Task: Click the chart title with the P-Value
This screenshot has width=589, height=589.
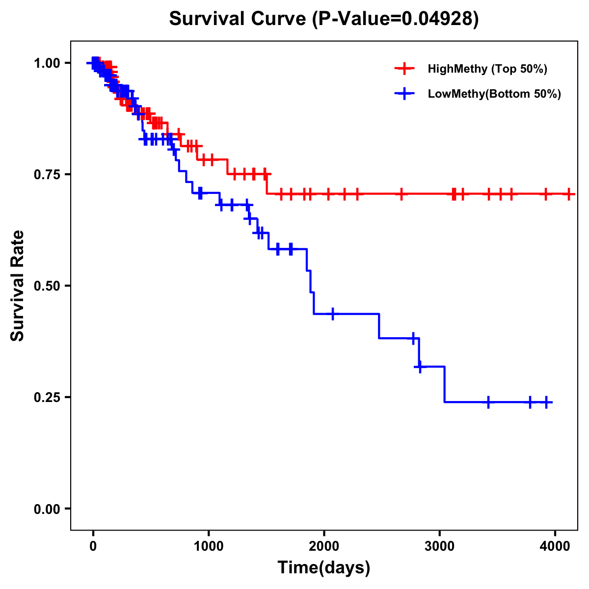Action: click(323, 19)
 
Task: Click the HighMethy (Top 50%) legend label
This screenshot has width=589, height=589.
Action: click(487, 69)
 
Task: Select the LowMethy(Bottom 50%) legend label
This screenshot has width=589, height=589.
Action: click(494, 94)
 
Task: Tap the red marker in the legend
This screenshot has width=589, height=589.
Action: click(404, 69)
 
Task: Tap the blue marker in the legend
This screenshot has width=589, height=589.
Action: click(404, 94)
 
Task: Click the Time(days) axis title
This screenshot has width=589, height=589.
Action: click(324, 568)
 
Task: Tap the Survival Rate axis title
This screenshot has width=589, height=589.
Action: click(18, 286)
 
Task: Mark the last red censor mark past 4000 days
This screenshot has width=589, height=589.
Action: click(568, 194)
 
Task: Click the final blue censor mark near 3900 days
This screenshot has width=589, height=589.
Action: click(546, 402)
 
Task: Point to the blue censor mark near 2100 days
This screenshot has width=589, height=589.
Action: click(333, 314)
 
